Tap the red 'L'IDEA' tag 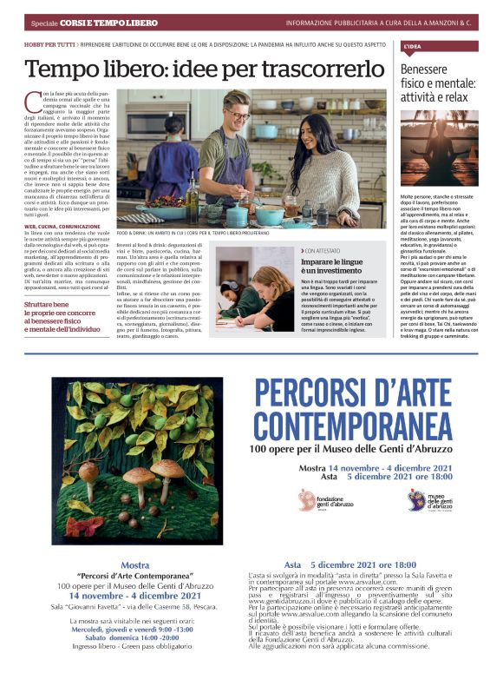(412, 45)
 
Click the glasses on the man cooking (238, 115)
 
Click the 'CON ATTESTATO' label (323, 250)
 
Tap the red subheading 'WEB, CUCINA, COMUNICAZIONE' (63, 227)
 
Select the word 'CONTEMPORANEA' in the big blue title (352, 426)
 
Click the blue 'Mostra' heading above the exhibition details (134, 565)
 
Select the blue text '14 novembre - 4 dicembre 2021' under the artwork (134, 595)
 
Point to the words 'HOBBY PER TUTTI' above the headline (49, 43)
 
